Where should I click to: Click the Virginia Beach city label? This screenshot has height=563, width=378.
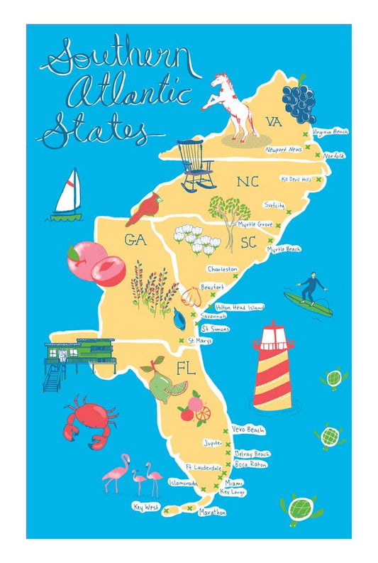click(330, 132)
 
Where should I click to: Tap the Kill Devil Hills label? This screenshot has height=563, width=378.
click(296, 180)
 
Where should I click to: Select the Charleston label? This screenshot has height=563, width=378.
click(223, 269)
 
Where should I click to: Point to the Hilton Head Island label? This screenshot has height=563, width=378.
click(240, 307)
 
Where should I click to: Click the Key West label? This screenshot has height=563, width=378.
click(146, 507)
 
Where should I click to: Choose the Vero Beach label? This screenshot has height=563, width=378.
click(249, 430)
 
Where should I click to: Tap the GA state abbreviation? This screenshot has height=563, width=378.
click(135, 241)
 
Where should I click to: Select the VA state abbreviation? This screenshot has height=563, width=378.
click(274, 122)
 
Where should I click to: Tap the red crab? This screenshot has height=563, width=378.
click(87, 419)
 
